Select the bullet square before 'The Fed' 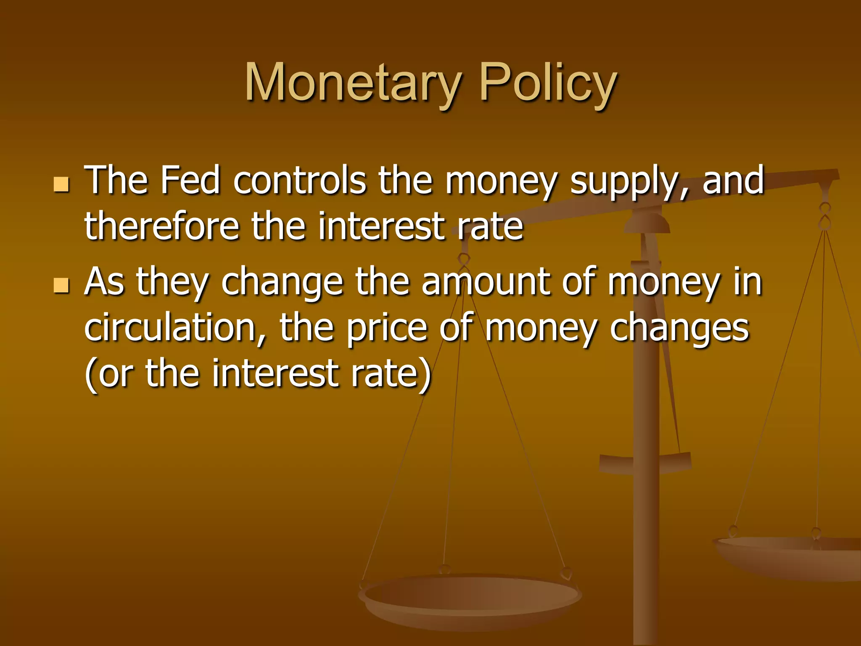click(61, 184)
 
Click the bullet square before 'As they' click(61, 285)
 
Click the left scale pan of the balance click(470, 597)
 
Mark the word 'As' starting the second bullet click(104, 282)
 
